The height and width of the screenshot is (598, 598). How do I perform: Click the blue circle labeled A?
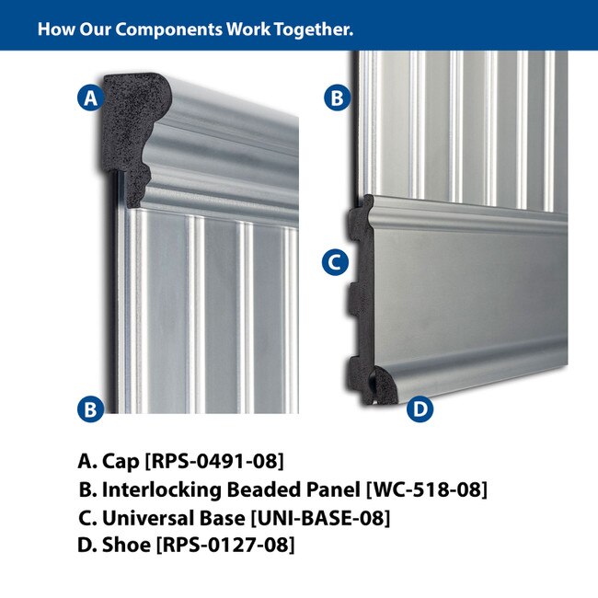coord(91,98)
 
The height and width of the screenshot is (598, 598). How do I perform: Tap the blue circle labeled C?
coord(335,262)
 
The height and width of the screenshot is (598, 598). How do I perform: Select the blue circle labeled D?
coord(420,408)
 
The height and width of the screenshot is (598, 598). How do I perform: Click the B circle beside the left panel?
coord(91,408)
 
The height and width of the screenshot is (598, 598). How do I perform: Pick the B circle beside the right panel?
coord(337,98)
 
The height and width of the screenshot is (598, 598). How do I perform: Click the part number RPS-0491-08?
coord(214,461)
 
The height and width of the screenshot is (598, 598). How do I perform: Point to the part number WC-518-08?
coord(427,489)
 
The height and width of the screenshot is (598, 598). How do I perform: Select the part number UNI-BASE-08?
coord(321,518)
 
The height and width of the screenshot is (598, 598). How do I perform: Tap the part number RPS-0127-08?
coord(225,545)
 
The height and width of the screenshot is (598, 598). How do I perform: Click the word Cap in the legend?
coord(121,462)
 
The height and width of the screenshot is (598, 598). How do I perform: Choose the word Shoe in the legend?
coord(126,545)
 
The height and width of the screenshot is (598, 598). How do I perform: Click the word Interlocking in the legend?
coord(162,490)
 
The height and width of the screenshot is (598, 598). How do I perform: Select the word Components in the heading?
coord(168,29)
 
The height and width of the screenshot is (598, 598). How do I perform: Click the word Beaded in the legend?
coord(262,489)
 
